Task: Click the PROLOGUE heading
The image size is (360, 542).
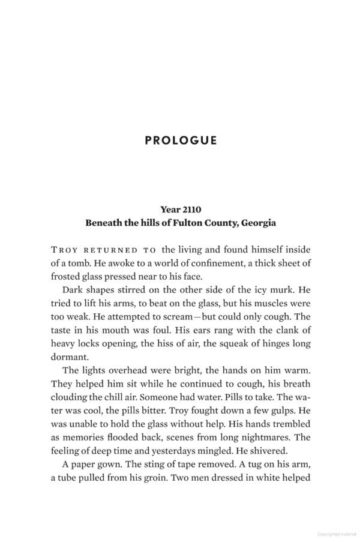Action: click(181, 140)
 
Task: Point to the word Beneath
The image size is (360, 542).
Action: click(106, 223)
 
